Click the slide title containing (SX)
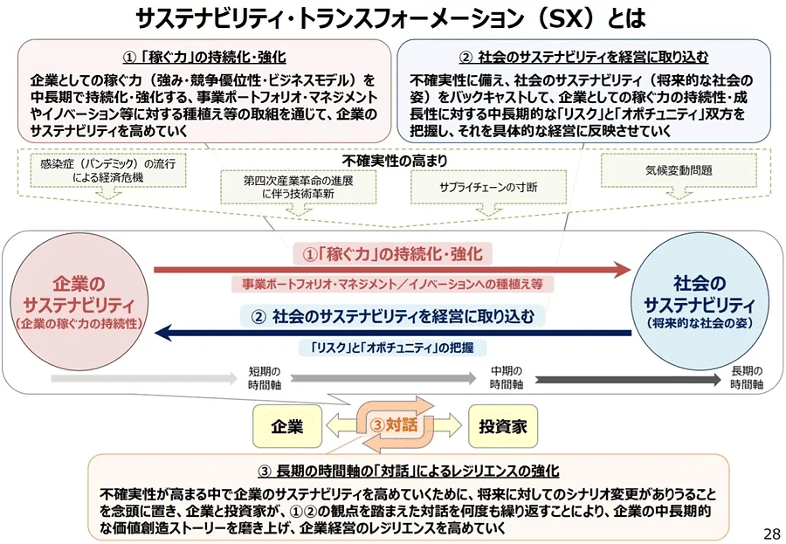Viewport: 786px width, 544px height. [391, 18]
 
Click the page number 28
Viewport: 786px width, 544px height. [772, 533]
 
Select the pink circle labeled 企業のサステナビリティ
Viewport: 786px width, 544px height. [79, 302]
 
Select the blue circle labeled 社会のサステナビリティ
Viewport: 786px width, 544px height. [700, 302]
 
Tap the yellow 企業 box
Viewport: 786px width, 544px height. [287, 426]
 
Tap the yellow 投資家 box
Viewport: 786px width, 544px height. [503, 426]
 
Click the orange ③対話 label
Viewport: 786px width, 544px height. [394, 424]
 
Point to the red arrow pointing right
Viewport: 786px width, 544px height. [392, 270]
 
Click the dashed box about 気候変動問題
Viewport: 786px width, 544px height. [679, 170]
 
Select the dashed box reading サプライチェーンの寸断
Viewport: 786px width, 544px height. [488, 187]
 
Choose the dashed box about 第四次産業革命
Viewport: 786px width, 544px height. [299, 187]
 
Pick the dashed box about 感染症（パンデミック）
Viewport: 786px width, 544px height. [107, 170]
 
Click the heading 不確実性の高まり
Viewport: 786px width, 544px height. [395, 161]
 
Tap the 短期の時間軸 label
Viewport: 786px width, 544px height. [264, 378]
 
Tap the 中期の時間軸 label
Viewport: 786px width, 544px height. [507, 377]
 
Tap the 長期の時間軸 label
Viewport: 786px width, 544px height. [747, 377]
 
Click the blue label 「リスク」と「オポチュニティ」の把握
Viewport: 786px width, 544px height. [392, 348]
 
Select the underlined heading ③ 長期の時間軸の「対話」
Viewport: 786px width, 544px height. [409, 471]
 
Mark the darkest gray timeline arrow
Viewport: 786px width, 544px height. [629, 380]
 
